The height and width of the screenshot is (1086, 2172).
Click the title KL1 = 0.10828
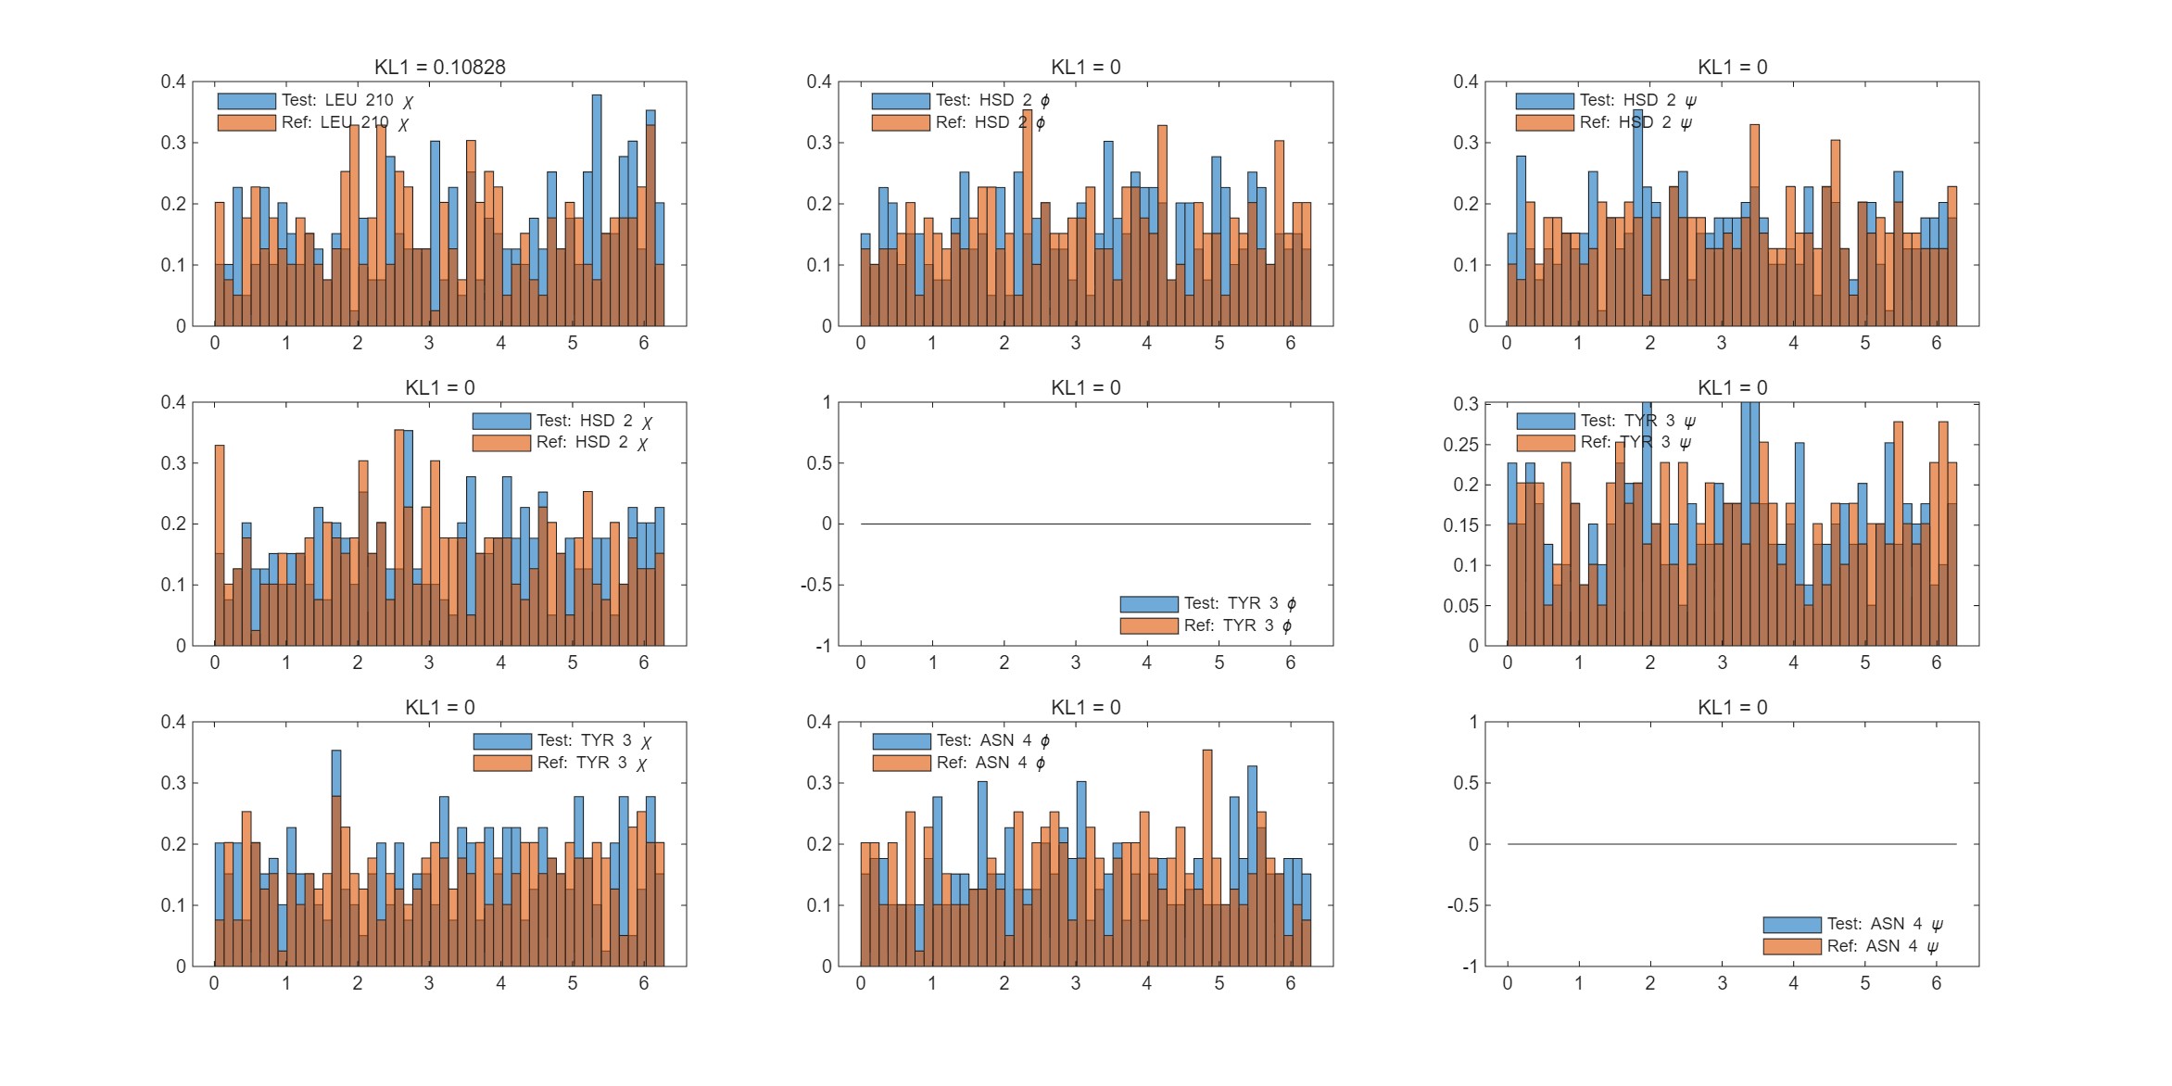click(x=439, y=67)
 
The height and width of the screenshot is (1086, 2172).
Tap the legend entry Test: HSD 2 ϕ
click(x=991, y=100)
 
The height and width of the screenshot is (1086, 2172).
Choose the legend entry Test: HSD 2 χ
click(x=593, y=421)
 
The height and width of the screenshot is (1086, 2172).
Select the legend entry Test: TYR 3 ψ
click(x=1636, y=421)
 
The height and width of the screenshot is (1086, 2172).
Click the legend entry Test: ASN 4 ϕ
click(x=992, y=740)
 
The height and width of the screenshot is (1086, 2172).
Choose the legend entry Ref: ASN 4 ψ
click(x=1882, y=946)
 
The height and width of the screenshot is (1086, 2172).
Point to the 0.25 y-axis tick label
click(x=1460, y=445)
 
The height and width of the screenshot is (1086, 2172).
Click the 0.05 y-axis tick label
click(x=1460, y=606)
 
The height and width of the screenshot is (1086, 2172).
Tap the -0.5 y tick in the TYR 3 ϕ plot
click(x=815, y=585)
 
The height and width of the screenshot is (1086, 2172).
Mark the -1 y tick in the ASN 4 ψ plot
click(x=1470, y=966)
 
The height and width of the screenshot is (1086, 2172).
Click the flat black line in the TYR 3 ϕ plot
click(x=1085, y=524)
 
